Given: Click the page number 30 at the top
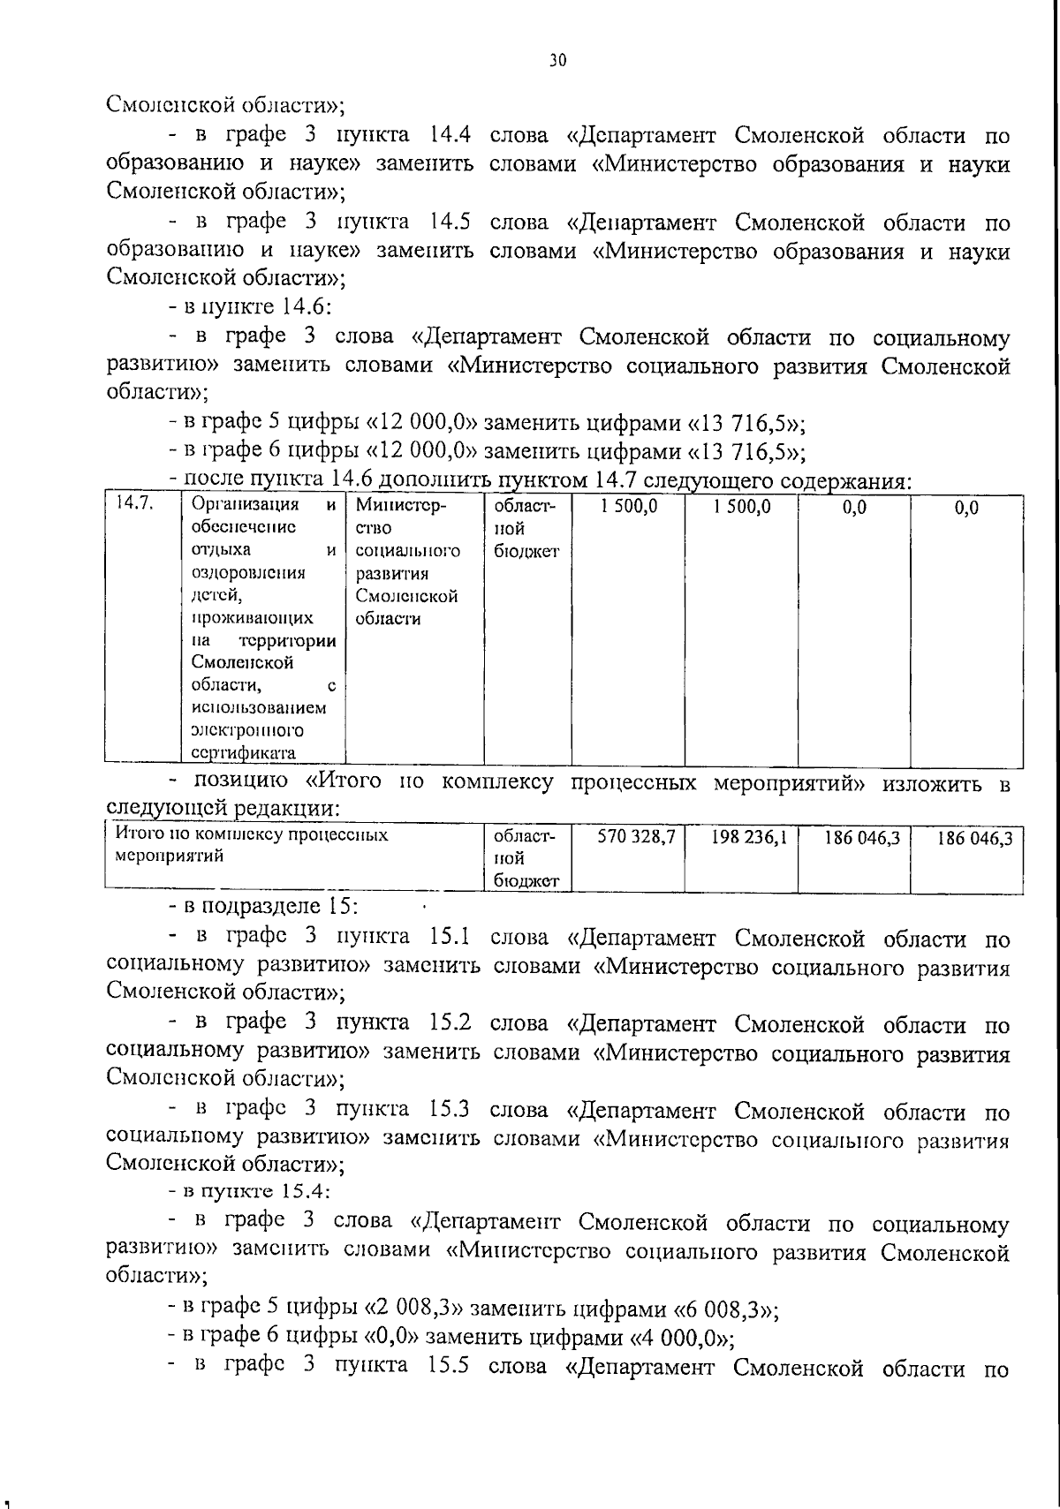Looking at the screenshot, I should pos(556,60).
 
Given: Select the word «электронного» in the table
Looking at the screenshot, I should pos(247,730).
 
